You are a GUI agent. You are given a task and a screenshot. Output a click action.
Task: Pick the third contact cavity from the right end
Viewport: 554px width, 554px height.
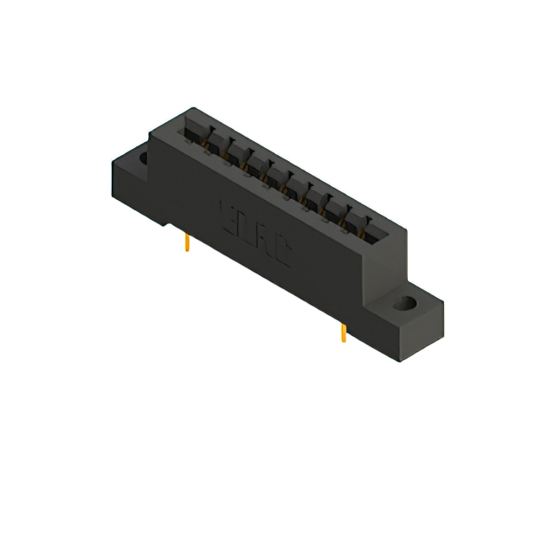click(x=332, y=204)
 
